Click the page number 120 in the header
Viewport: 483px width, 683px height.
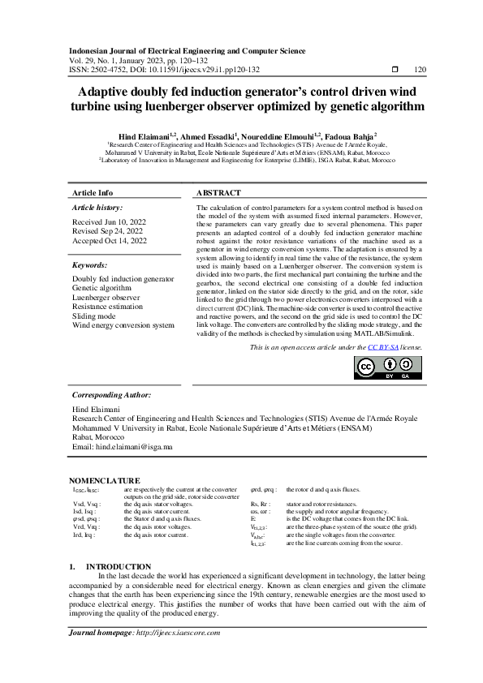click(420, 70)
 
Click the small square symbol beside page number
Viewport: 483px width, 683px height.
click(395, 70)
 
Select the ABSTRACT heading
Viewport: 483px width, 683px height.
click(219, 193)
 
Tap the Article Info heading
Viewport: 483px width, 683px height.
click(93, 193)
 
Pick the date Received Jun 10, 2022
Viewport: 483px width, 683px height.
click(110, 221)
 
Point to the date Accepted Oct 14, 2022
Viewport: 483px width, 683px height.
click(110, 241)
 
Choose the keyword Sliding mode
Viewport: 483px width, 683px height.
click(94, 316)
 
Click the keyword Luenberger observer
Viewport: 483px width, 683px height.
click(106, 298)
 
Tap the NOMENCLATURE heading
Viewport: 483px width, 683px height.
click(104, 480)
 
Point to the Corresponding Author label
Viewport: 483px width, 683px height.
click(112, 394)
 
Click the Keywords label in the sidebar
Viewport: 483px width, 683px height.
click(90, 265)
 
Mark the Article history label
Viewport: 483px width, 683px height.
click(97, 208)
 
